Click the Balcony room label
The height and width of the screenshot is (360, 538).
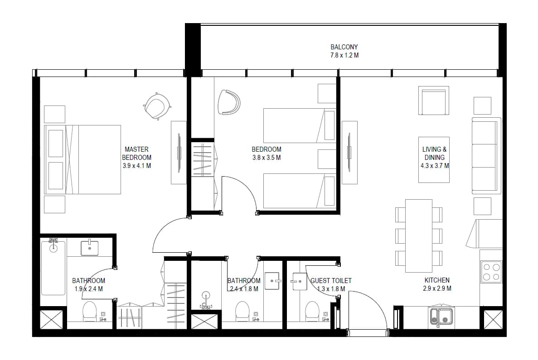(344, 47)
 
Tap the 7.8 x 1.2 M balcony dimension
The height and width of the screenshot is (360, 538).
(344, 55)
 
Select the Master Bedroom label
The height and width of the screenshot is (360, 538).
(136, 153)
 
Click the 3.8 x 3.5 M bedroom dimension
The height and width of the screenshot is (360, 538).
(267, 158)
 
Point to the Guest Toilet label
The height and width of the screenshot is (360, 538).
(331, 281)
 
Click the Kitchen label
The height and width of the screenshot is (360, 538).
(437, 280)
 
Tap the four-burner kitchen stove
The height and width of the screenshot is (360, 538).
(491, 272)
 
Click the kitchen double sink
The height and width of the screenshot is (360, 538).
(441, 317)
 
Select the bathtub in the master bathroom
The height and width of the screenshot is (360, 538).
(53, 268)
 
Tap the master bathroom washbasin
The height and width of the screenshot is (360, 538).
(90, 248)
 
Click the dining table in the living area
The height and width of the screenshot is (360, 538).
(419, 236)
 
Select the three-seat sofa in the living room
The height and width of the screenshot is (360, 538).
(486, 156)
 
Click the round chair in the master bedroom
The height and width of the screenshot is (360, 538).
(157, 106)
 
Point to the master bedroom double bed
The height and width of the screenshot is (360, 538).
(82, 159)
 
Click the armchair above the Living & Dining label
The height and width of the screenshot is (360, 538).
(434, 101)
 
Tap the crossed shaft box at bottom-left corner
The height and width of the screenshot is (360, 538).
(52, 320)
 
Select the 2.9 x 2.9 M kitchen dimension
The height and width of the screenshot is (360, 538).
(437, 289)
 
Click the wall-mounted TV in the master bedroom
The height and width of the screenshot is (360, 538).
(179, 152)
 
